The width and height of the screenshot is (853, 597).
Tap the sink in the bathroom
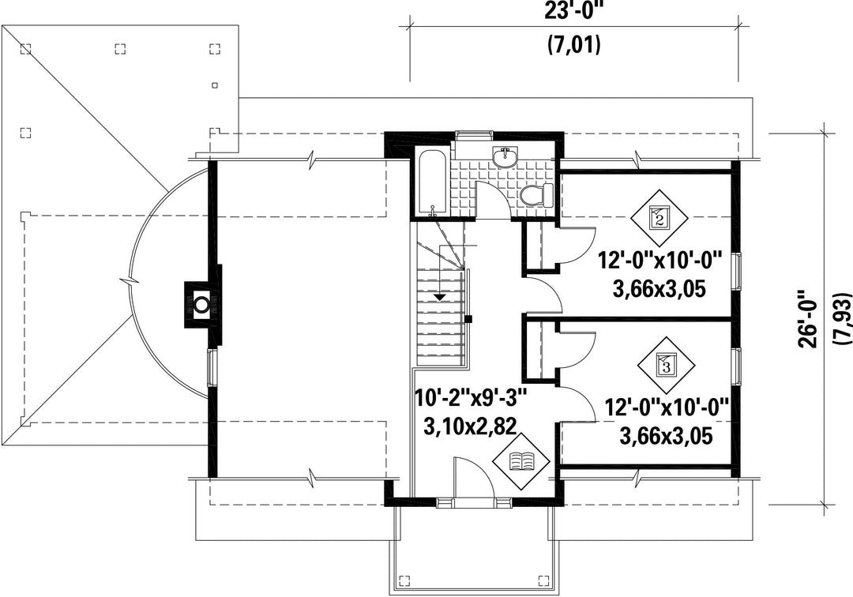pos(503,158)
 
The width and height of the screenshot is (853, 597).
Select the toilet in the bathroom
pos(536,196)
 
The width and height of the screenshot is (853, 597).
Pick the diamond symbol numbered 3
pos(665,365)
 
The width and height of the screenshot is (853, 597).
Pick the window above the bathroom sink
pos(472,134)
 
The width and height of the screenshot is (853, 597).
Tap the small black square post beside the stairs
pos(468,319)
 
